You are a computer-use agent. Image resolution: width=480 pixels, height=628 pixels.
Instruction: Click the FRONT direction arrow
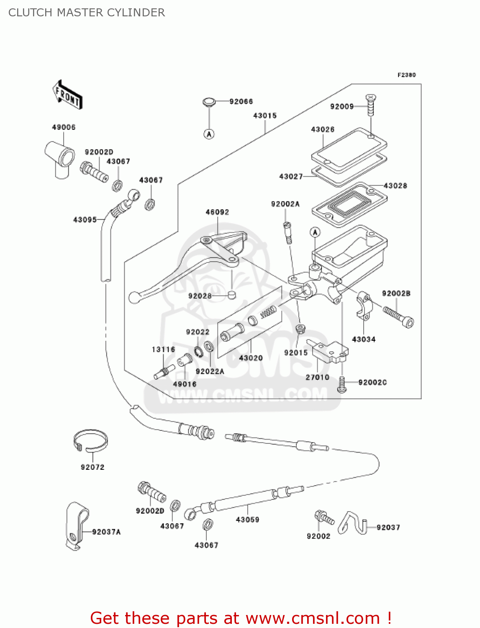click(68, 95)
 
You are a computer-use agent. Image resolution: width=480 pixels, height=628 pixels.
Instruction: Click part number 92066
click(241, 102)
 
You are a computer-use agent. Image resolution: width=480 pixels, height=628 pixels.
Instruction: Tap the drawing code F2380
click(406, 75)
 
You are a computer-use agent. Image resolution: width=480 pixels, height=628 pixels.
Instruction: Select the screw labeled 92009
click(370, 105)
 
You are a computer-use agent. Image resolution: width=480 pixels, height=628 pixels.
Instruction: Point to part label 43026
click(323, 130)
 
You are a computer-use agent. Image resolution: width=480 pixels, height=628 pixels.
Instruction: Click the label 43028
click(395, 186)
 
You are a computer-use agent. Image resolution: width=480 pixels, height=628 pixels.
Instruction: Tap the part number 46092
click(217, 212)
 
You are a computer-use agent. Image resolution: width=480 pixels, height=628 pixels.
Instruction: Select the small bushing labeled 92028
click(232, 295)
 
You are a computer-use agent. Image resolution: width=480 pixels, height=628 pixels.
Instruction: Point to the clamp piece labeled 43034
click(363, 305)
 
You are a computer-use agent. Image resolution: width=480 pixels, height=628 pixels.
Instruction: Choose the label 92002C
click(372, 383)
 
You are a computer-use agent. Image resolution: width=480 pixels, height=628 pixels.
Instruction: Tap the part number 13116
click(163, 349)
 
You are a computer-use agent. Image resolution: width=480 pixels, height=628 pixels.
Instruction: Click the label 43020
click(251, 358)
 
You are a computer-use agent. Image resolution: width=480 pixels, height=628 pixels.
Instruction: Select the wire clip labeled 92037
click(352, 523)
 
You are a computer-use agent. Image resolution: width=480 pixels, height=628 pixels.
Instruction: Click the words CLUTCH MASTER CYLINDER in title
click(87, 13)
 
